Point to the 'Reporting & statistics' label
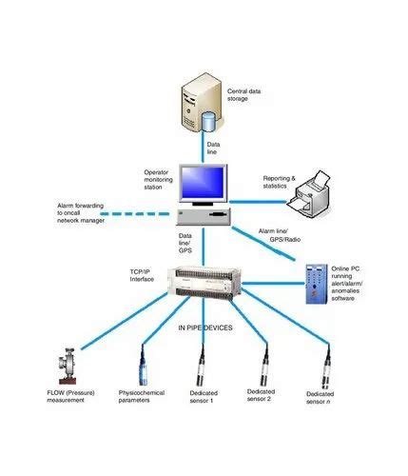[281, 182]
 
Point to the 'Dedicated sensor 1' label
[201, 396]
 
